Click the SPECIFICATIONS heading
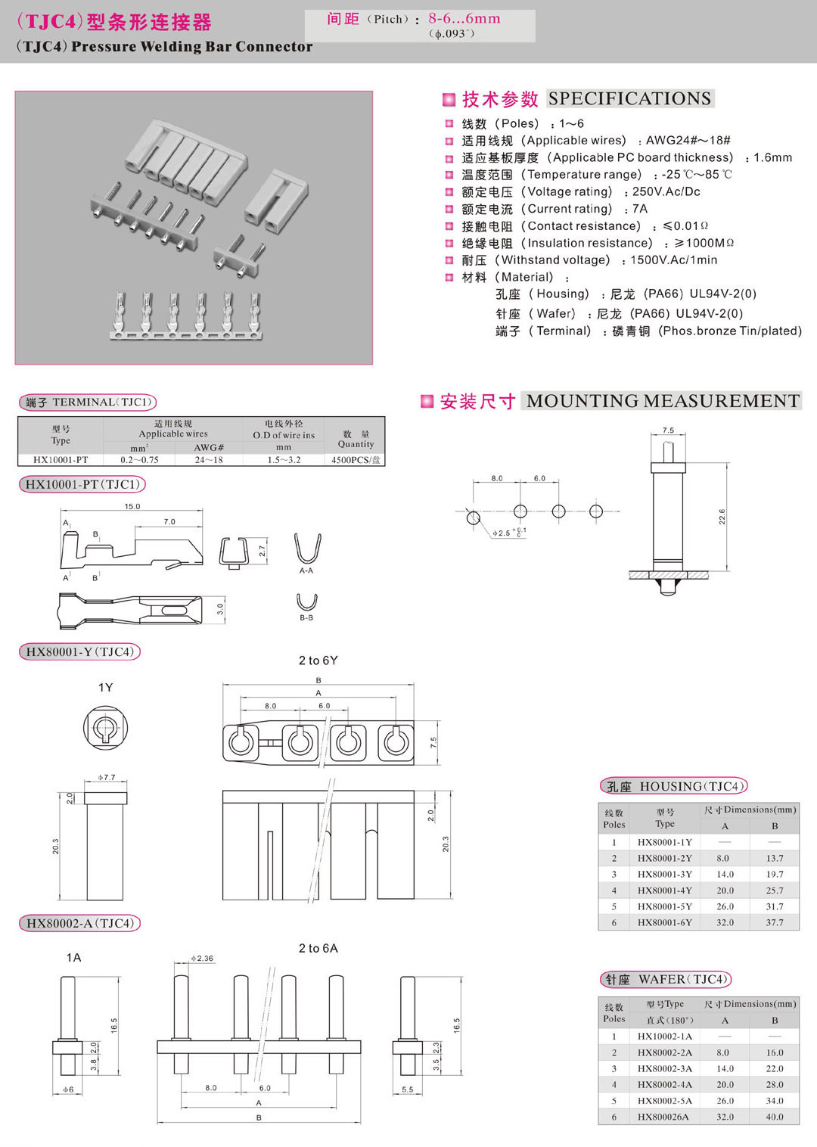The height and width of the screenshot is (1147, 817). coord(629,98)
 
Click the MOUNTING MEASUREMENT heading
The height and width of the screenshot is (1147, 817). coord(663,401)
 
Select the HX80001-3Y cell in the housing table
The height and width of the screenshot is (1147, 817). coord(664,874)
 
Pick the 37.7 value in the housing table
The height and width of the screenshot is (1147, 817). coord(774,922)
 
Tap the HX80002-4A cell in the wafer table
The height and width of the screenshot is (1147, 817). coord(664,1084)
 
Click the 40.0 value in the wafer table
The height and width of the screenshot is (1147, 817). coord(774,1117)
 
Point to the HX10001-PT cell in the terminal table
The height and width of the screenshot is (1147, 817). coord(61,459)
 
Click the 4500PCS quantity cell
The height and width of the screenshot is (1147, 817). coord(356,459)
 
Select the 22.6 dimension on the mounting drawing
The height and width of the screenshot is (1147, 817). coord(722,517)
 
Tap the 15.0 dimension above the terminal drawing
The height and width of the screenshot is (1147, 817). coord(132,507)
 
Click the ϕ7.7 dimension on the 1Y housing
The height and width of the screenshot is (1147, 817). coord(107,777)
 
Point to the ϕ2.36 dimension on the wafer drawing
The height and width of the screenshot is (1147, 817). coord(202,958)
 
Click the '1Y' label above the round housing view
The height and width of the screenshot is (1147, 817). coord(105,687)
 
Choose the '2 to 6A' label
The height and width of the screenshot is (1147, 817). coord(318,948)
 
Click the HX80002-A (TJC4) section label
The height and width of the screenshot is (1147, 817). coord(79,923)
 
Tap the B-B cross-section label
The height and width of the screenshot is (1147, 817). coord(306,618)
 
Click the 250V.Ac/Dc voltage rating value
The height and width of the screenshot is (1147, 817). coord(666,191)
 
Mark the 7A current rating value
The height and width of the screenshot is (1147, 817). coord(640,209)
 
